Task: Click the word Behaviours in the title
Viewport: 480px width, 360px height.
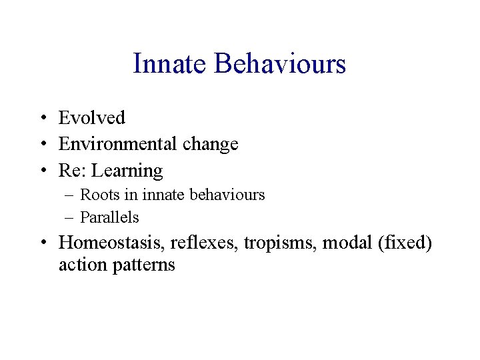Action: (x=280, y=64)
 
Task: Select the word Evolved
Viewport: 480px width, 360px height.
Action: (x=92, y=118)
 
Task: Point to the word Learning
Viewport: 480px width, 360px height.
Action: (x=127, y=171)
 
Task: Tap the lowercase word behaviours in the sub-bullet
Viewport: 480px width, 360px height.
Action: (x=227, y=195)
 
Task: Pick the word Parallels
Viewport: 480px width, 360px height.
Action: (x=110, y=217)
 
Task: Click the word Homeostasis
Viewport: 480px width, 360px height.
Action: (x=112, y=243)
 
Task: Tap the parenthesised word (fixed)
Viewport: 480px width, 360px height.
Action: (x=405, y=243)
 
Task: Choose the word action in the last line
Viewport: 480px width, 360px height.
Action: (x=80, y=265)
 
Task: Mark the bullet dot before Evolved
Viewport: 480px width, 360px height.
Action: (x=42, y=119)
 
